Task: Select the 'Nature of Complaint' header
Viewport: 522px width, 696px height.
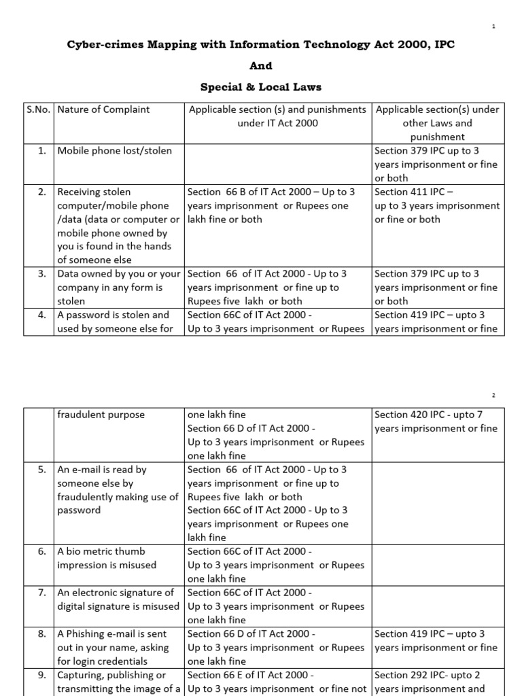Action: (x=104, y=109)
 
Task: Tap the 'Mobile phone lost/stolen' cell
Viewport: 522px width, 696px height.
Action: (x=115, y=151)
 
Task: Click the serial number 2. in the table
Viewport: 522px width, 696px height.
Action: (x=42, y=192)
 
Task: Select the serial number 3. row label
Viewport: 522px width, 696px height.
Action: (x=42, y=274)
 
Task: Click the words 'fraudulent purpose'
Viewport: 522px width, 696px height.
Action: (x=101, y=415)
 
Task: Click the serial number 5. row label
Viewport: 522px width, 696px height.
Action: (x=42, y=470)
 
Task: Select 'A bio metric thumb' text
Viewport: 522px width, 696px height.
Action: (x=101, y=551)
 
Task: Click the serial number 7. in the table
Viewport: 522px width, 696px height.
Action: (x=42, y=593)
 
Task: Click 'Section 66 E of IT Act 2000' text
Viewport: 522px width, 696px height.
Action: (x=250, y=675)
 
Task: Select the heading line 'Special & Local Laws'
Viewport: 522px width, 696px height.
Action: (x=261, y=87)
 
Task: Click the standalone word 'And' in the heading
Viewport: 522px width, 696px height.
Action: (x=261, y=66)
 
